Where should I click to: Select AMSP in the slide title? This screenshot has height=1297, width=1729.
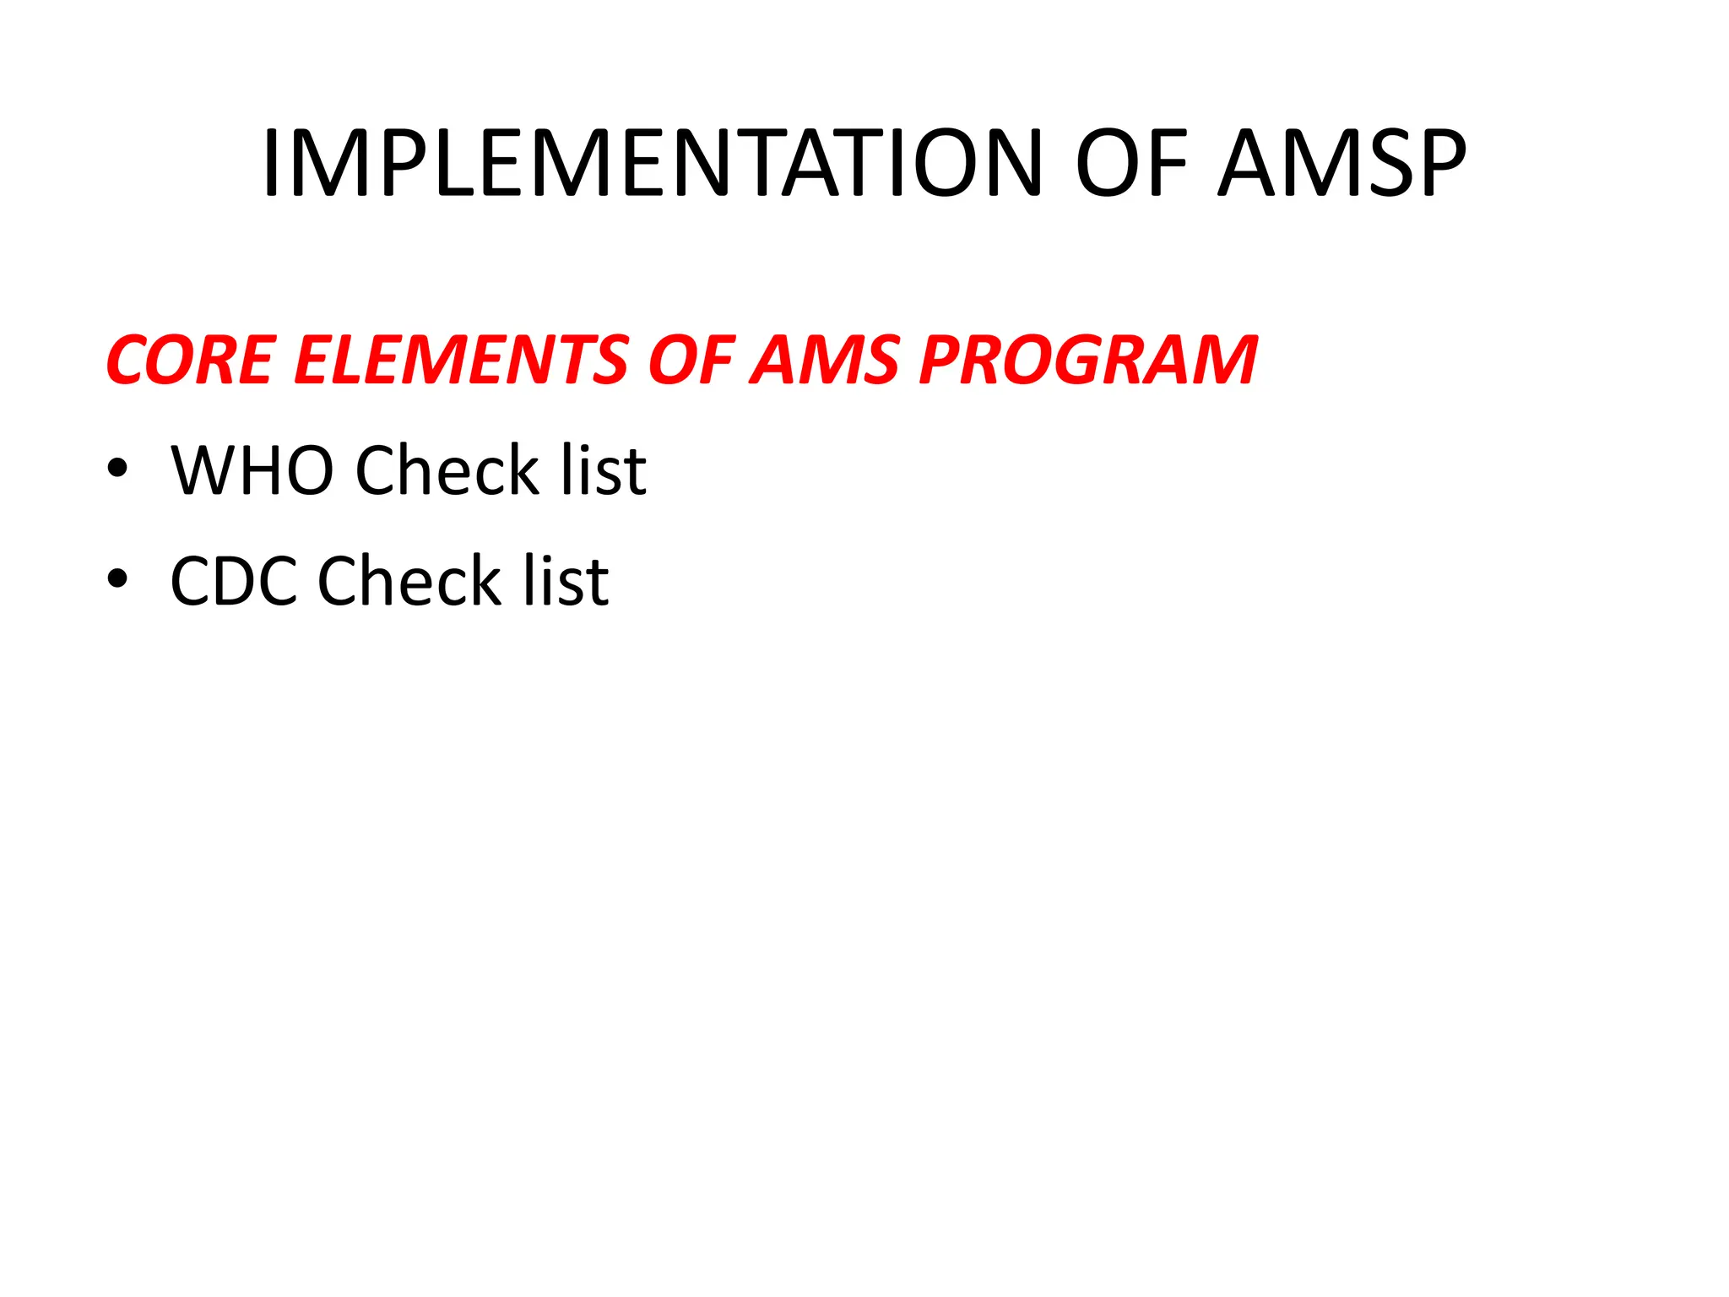1341,164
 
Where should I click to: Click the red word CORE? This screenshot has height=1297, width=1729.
191,361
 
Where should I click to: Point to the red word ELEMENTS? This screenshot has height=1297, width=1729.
460,361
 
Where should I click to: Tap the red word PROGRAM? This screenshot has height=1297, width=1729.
1088,361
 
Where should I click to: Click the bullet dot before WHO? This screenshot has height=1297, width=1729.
117,469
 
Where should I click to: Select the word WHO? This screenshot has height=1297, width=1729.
252,470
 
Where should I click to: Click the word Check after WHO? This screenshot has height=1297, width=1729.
447,470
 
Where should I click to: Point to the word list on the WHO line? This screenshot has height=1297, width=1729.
604,470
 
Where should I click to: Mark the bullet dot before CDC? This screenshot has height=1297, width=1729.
117,580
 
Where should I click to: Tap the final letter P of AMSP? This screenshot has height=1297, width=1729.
1436,164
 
